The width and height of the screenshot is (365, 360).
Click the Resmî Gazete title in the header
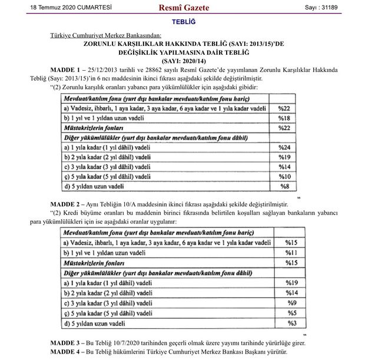[184, 8]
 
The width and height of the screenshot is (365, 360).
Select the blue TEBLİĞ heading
[183, 22]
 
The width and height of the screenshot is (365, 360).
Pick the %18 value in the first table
[284, 118]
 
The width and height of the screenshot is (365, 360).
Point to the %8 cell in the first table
[284, 186]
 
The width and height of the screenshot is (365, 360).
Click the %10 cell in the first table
[284, 176]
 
